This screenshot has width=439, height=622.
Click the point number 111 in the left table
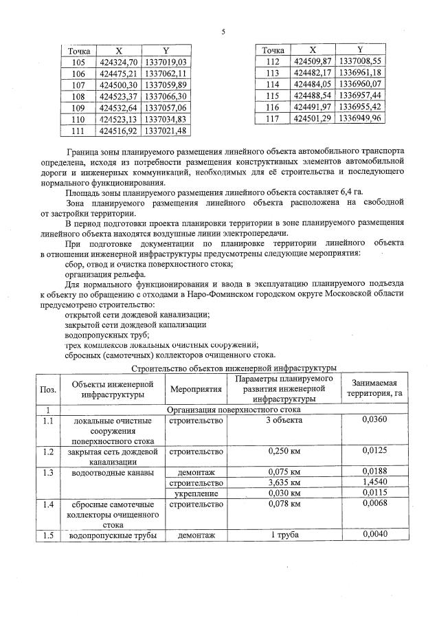pyautogui.click(x=78, y=130)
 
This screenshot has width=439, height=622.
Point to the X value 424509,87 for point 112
pyautogui.click(x=313, y=61)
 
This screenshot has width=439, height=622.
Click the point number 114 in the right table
pyautogui.click(x=273, y=84)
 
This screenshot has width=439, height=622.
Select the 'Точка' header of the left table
pyautogui.click(x=78, y=51)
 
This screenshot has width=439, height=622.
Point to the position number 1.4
pyautogui.click(x=48, y=504)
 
